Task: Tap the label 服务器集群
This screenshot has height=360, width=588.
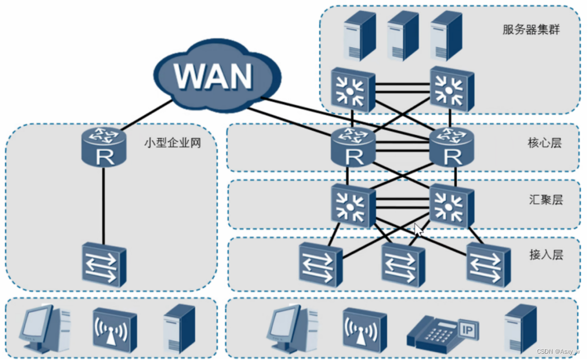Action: pos(531,29)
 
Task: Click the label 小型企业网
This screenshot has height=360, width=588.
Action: pos(172,143)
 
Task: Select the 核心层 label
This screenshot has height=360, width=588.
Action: pos(544,143)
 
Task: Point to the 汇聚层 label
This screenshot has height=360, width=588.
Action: pos(546,200)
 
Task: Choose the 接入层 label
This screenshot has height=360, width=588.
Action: pos(546,255)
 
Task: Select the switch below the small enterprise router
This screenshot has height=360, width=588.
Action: pos(105,265)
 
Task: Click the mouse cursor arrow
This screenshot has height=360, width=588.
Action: pos(418,230)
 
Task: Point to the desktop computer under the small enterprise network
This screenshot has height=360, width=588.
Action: pos(45,329)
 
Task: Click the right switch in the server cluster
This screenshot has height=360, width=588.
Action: pos(452,89)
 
